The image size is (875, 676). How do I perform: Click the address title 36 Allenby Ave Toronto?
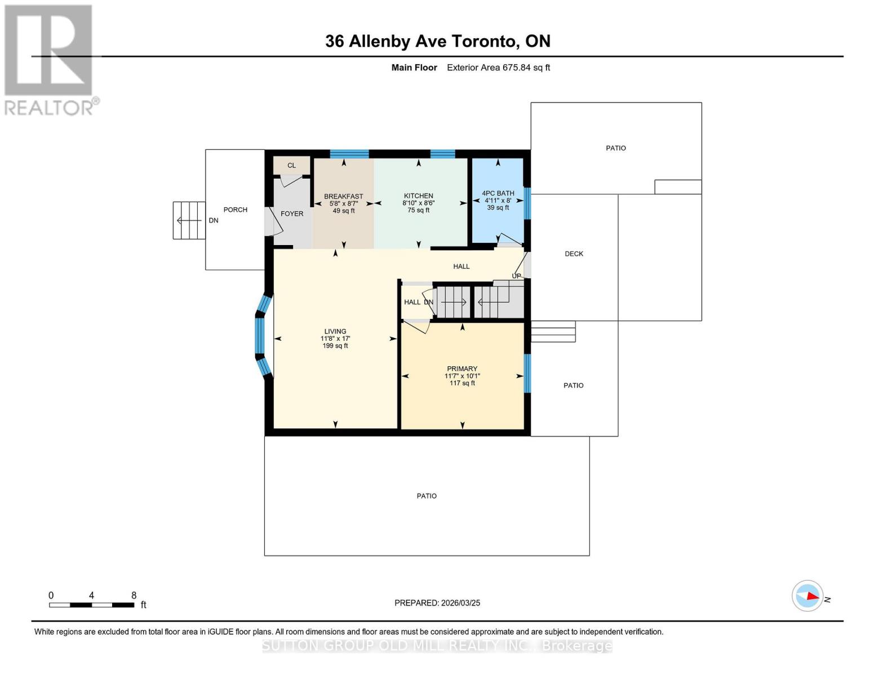(x=437, y=41)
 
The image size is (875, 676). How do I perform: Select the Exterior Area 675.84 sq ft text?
(x=498, y=68)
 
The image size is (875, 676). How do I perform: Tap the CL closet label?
(x=291, y=166)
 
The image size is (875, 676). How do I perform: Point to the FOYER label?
(x=292, y=214)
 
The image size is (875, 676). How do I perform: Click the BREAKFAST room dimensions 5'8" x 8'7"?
(x=344, y=203)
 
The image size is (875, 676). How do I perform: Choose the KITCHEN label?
(x=418, y=195)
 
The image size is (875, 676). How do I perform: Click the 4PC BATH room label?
(x=498, y=193)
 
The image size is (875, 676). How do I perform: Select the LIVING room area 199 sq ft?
(x=335, y=346)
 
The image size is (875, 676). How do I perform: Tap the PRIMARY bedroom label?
(x=462, y=368)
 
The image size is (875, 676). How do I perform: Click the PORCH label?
(x=236, y=210)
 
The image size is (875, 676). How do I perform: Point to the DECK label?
(x=574, y=253)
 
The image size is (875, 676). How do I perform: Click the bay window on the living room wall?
(x=260, y=336)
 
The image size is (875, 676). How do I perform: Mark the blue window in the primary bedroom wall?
(x=527, y=373)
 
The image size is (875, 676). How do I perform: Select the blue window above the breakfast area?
(x=349, y=154)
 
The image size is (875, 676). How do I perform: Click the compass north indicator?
(x=808, y=596)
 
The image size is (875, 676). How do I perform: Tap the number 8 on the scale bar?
(x=134, y=595)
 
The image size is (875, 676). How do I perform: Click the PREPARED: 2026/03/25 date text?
(x=437, y=603)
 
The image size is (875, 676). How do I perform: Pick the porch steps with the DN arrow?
(x=189, y=220)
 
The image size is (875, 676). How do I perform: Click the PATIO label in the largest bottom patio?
(x=427, y=496)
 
